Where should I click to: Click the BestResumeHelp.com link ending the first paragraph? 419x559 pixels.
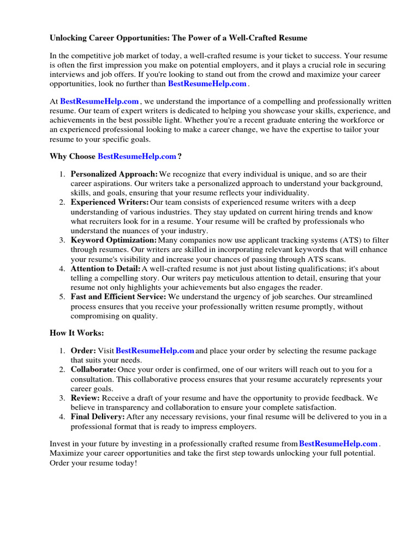207,84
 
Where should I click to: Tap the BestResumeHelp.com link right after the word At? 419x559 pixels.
99,102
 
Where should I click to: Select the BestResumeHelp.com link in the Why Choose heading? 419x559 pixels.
137,156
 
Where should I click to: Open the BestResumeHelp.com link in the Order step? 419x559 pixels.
155,350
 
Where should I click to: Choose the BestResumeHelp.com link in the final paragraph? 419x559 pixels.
338,444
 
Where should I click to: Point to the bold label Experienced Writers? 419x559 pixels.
110,203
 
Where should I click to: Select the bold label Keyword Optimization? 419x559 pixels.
113,240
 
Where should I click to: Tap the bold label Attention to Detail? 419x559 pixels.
105,269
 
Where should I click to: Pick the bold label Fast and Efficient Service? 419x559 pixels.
118,297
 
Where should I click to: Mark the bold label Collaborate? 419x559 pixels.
93,370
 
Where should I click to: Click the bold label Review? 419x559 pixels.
85,398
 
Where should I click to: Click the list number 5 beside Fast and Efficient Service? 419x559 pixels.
61,297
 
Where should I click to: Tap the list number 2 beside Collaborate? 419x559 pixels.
61,370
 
